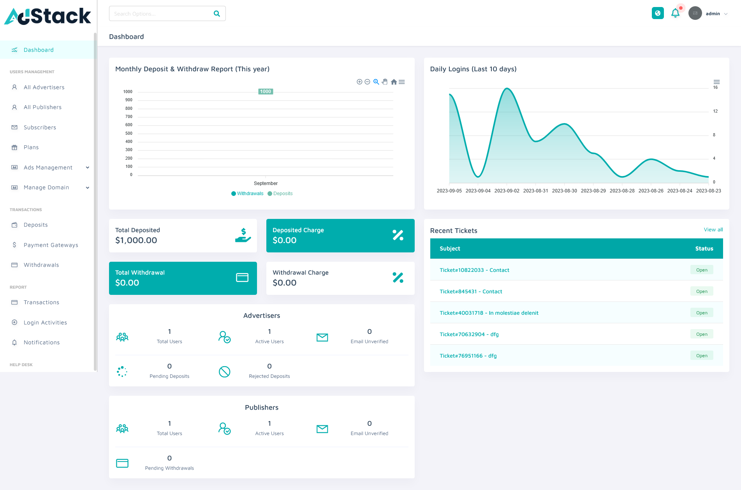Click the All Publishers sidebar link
[x=42, y=107]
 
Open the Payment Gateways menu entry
[x=51, y=245]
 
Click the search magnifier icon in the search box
[x=217, y=14]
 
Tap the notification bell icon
[x=675, y=13]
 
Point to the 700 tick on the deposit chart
[x=128, y=116]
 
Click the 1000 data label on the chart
[x=266, y=92]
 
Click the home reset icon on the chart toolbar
[x=394, y=82]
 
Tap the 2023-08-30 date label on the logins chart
[x=564, y=191]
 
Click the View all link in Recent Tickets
[x=713, y=230]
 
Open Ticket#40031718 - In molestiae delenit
[x=489, y=313]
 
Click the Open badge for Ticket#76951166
[x=701, y=356]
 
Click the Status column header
[x=704, y=249]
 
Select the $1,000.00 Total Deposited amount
[x=136, y=240]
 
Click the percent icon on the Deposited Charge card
[x=398, y=235]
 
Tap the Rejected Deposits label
[x=269, y=376]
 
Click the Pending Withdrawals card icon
[x=122, y=463]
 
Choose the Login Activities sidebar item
[x=45, y=323]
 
